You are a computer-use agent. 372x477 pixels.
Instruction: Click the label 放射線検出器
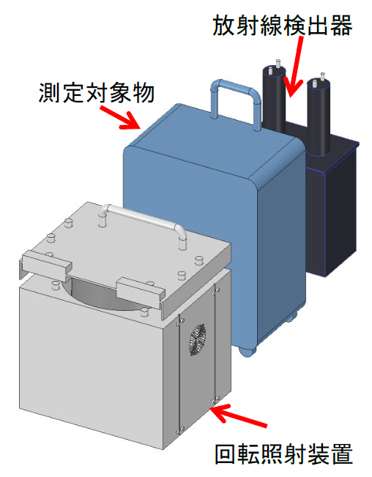tap(282, 26)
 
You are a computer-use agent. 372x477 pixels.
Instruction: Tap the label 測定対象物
tap(97, 92)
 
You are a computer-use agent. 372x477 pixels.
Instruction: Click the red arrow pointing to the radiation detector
tap(296, 67)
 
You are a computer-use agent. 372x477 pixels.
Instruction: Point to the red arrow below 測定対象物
tap(120, 118)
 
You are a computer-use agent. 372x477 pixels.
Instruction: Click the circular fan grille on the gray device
tap(198, 339)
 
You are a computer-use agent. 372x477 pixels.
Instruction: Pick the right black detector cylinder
tap(319, 116)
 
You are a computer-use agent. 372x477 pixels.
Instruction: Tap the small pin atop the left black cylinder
tap(278, 63)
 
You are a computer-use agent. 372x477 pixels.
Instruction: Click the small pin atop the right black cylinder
tap(322, 76)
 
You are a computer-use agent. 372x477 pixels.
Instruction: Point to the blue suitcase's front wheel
tap(247, 352)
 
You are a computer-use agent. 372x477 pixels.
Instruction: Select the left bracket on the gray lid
tap(45, 264)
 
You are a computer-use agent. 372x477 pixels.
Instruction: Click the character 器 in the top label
tap(341, 26)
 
